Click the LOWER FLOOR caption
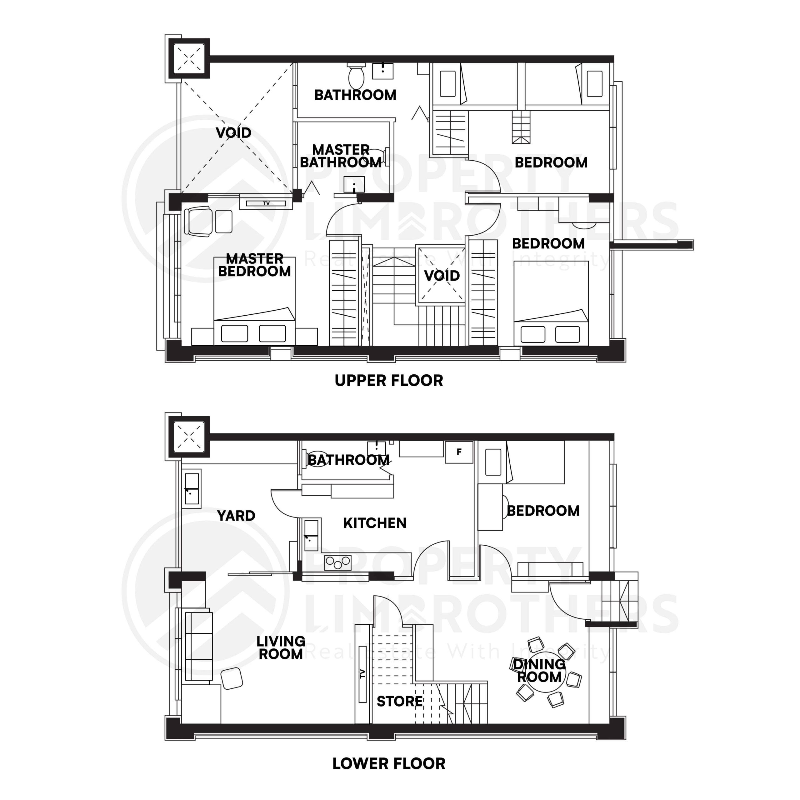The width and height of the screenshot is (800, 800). click(388, 763)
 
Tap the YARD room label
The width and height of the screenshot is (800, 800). click(236, 516)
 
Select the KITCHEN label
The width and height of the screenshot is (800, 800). click(374, 523)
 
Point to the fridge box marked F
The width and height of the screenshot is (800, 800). click(459, 452)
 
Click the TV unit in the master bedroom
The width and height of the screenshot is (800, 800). click(266, 203)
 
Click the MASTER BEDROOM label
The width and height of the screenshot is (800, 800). click(255, 265)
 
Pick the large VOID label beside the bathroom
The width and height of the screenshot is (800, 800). click(233, 133)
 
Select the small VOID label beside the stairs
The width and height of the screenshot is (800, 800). click(442, 275)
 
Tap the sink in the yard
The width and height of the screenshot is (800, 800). click(192, 489)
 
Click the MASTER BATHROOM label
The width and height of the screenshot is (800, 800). click(340, 156)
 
